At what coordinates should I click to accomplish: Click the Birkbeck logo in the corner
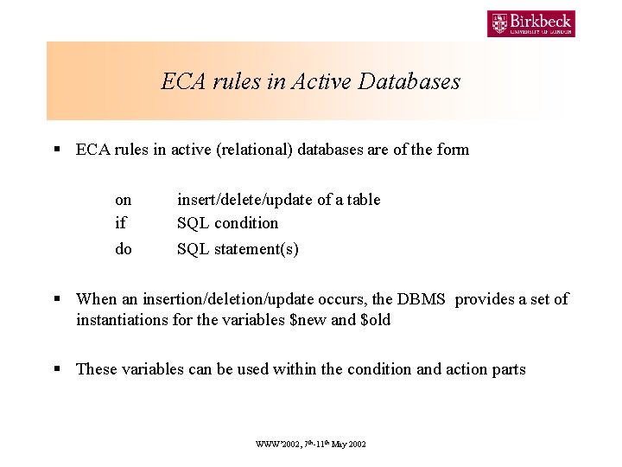[530, 23]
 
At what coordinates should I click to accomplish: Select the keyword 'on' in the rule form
[124, 200]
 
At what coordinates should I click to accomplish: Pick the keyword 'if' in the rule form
[120, 223]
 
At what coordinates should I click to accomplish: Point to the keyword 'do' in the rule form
[124, 249]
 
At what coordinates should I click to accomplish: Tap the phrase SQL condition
[228, 223]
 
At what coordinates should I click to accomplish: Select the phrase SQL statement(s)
[238, 249]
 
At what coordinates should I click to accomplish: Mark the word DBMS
[421, 299]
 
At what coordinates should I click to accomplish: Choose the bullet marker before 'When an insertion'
[57, 299]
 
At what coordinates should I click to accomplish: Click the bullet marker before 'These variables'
[57, 369]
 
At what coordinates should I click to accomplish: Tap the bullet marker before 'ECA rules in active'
[57, 150]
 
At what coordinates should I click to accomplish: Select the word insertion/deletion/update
[221, 299]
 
